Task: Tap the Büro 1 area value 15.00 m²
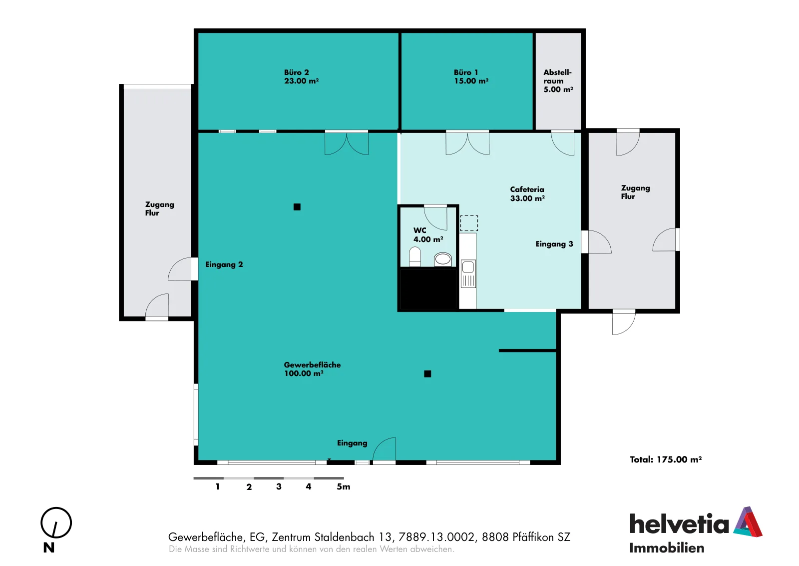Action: click(x=471, y=81)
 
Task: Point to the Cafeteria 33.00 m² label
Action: click(x=527, y=194)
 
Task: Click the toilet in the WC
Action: click(x=415, y=257)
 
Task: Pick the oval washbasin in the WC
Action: click(x=442, y=259)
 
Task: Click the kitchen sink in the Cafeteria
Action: click(x=468, y=274)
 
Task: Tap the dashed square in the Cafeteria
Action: click(x=469, y=223)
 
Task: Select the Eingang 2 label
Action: click(x=224, y=264)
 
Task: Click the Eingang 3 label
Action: click(x=554, y=244)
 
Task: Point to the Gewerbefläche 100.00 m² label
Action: click(x=312, y=369)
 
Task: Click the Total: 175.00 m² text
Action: click(x=666, y=459)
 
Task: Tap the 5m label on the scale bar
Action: click(x=343, y=486)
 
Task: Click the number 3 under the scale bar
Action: click(x=279, y=486)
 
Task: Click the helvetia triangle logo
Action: click(x=748, y=522)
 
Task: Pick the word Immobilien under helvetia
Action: click(x=667, y=548)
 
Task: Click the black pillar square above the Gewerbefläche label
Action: click(x=297, y=207)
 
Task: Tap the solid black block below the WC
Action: click(x=428, y=289)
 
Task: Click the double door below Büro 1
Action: click(x=467, y=143)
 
